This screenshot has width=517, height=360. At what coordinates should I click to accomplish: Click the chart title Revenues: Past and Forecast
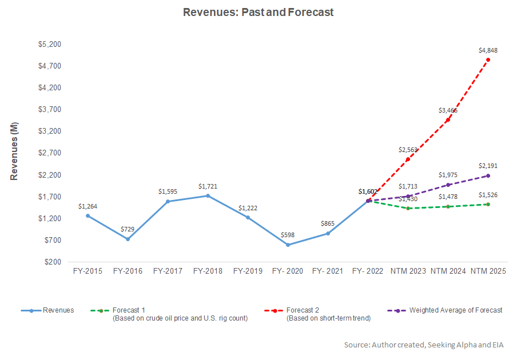[x=258, y=11]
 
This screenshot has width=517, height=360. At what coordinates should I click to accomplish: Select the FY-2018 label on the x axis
[x=208, y=271]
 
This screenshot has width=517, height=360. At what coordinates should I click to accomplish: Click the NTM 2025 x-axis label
[x=488, y=271]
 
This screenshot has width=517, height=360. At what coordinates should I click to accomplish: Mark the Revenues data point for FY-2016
[x=128, y=239]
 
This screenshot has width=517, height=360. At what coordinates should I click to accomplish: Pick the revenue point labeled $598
[x=288, y=245]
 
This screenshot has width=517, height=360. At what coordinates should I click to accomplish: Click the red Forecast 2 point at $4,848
[x=488, y=59]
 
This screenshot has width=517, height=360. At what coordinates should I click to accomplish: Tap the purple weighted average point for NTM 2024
[x=448, y=185]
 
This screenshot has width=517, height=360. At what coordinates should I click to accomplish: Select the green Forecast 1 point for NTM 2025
[x=488, y=204]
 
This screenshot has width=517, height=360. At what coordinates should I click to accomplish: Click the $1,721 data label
[x=208, y=186]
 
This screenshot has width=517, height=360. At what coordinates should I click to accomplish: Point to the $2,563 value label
[x=408, y=150]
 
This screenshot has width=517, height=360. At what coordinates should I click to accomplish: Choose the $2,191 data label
[x=488, y=166]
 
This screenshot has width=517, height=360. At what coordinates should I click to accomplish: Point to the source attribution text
[x=428, y=345]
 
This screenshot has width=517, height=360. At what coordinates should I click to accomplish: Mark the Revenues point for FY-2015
[x=88, y=215]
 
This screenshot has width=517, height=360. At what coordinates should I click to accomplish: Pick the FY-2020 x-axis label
[x=288, y=271]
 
